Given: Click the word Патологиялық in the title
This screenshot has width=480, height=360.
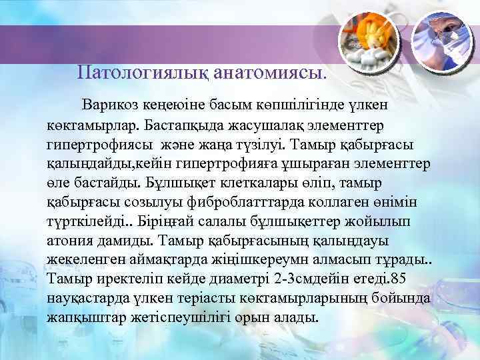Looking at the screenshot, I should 143,70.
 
